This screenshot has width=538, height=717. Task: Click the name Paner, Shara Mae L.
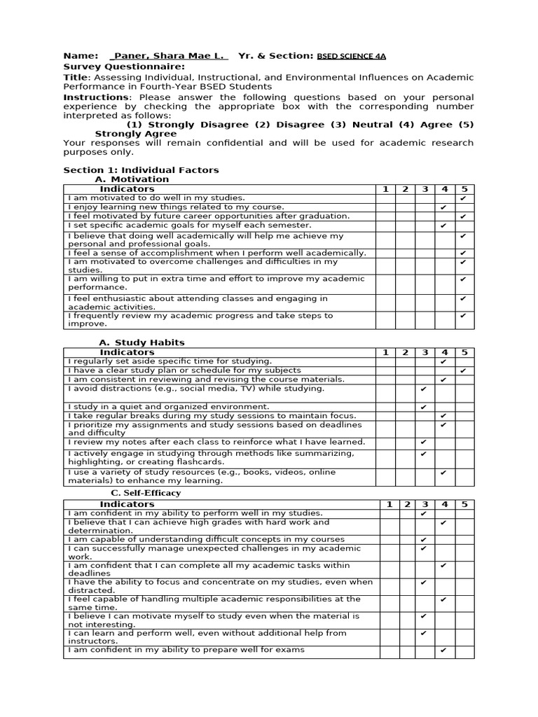point(170,56)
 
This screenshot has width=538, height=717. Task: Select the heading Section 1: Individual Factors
point(141,170)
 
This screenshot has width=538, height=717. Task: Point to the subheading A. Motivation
point(132,179)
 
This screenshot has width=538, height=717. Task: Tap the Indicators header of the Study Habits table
point(127,352)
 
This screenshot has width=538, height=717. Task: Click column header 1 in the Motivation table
point(385,189)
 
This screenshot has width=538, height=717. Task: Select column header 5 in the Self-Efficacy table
point(464,504)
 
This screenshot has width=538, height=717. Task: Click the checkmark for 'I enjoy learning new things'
point(443,208)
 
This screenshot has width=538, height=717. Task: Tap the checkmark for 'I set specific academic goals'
point(443,225)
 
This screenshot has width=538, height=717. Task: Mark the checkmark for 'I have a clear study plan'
point(463,370)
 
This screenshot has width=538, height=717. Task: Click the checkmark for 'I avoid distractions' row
point(423,389)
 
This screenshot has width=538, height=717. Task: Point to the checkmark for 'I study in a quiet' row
point(423,407)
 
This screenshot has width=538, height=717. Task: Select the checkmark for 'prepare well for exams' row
point(443,650)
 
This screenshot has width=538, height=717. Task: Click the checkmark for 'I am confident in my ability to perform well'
point(423,514)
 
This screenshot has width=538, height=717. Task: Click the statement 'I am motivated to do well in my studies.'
point(156,198)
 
